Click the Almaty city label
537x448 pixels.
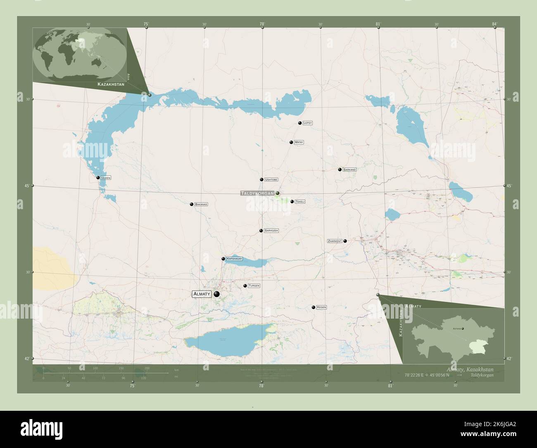[202, 294]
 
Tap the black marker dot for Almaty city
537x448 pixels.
[216, 294]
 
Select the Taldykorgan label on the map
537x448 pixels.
[257, 193]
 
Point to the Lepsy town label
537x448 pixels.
[308, 123]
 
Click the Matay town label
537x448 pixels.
[299, 142]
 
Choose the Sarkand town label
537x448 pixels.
[349, 169]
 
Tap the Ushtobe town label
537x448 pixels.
[271, 180]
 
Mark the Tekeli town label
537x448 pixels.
[300, 202]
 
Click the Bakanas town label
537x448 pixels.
[201, 204]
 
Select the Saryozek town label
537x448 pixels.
[271, 231]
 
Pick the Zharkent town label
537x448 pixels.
[335, 241]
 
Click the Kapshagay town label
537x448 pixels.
[234, 259]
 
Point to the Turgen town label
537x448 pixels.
[254, 286]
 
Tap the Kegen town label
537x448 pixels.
[322, 307]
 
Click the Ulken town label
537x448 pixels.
[106, 178]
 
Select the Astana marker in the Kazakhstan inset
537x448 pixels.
[463, 329]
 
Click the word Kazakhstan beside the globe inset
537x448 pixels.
[111, 84]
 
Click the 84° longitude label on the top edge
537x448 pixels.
[494, 24]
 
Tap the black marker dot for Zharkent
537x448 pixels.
[345, 241]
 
